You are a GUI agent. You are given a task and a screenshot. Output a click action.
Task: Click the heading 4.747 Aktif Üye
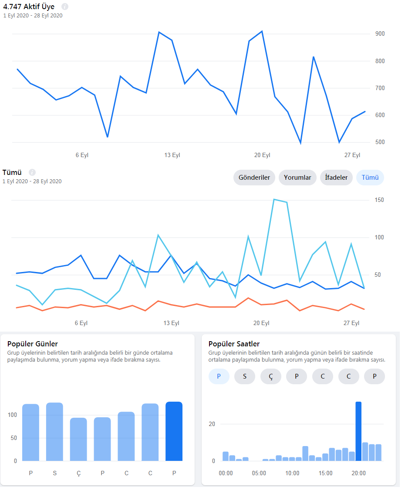coord(29,7)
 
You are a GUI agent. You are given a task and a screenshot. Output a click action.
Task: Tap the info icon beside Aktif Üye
coord(65,6)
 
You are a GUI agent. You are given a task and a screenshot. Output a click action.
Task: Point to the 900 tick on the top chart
coord(380,34)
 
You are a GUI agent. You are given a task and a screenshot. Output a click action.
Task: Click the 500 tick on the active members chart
coord(380,142)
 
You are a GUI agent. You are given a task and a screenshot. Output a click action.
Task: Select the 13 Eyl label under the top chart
coord(172,155)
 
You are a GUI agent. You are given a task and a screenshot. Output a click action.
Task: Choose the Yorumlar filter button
coord(297,178)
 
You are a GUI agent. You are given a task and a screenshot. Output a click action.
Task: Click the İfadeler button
coord(336,178)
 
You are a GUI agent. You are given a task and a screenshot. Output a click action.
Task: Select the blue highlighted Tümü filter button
coord(370,178)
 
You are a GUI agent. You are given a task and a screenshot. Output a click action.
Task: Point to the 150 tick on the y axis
coord(379,200)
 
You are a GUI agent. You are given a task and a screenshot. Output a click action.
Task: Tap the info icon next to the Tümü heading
coord(32,172)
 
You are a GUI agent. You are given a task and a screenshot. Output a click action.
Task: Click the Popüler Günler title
coord(33,344)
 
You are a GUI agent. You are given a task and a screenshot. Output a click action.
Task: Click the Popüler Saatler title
coord(234,344)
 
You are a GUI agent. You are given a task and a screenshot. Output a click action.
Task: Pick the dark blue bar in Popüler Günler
coord(174,431)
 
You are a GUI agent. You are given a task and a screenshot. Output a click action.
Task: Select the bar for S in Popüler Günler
coord(54,432)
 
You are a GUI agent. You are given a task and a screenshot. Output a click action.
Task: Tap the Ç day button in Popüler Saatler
coord(271,376)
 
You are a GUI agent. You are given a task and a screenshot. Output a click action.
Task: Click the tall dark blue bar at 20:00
coord(358,431)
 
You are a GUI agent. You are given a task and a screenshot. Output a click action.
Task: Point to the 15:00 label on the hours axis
coord(325,473)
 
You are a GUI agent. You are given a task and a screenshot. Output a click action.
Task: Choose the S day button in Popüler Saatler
coord(245,376)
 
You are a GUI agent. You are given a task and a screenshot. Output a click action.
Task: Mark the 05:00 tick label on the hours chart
coord(259,473)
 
